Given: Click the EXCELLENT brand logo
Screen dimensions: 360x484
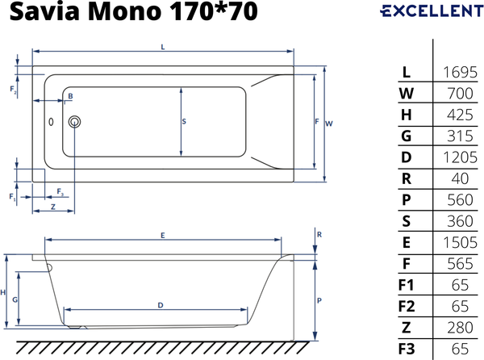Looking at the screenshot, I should [x=427, y=11].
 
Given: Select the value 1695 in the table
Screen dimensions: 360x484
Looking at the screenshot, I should [x=458, y=73].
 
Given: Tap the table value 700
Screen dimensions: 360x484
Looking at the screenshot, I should [x=458, y=94].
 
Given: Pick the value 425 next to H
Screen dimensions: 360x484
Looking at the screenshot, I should [x=458, y=115].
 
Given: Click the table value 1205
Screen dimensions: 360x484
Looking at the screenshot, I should [x=458, y=157].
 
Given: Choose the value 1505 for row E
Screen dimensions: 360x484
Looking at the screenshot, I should [x=458, y=242].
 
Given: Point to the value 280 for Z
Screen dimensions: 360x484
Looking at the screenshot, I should [x=458, y=327].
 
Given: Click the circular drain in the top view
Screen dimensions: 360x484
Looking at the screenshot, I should [x=75, y=122].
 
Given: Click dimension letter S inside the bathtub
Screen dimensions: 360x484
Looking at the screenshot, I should [x=184, y=122].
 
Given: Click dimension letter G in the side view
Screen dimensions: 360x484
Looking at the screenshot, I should [x=15, y=299].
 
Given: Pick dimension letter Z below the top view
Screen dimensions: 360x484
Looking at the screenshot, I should [x=52, y=207].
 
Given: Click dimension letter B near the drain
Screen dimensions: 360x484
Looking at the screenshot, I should [x=70, y=96].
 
